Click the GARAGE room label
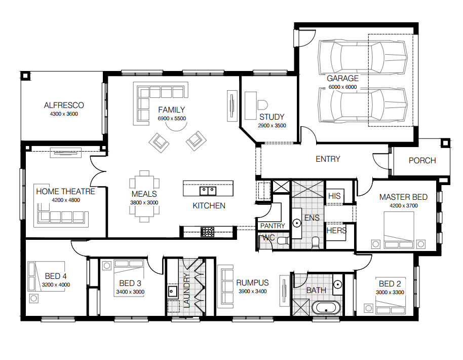(342, 78)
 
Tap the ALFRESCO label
(64, 105)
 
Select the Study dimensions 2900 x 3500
(272, 126)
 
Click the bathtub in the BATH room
(326, 308)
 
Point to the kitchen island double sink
(208, 191)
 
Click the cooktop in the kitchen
(207, 232)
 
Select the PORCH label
(422, 161)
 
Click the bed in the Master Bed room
(399, 230)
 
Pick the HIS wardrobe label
(334, 196)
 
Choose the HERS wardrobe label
(336, 231)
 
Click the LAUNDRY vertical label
(186, 291)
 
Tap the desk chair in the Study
(262, 105)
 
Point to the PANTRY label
(273, 226)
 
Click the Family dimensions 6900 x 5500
(172, 119)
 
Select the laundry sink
(172, 291)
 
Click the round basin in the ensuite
(296, 223)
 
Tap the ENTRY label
(328, 159)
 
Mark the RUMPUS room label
(252, 283)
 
